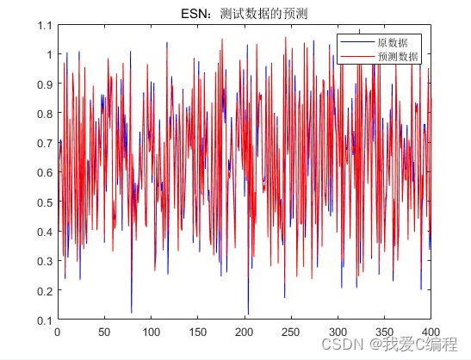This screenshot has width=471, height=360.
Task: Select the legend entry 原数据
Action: point(392,42)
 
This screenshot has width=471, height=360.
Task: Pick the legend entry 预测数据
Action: point(397,55)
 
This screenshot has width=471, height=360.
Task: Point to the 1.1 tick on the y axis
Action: point(44,25)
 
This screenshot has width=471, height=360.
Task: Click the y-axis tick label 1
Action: point(48,54)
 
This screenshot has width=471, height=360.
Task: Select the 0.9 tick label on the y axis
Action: point(44,84)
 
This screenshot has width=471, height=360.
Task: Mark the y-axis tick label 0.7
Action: point(44,143)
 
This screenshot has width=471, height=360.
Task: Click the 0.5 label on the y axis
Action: point(44,202)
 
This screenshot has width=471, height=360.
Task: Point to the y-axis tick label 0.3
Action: point(44,261)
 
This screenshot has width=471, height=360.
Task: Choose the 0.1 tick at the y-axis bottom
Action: point(44,320)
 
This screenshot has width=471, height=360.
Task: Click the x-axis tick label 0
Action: point(58,331)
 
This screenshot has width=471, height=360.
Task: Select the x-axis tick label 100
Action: point(151,331)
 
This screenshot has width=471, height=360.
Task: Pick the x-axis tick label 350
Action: point(384,331)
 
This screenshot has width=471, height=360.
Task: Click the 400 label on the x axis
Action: point(431,331)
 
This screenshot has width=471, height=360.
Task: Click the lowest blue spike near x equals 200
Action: point(248,313)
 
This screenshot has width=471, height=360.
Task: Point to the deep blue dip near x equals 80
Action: point(132,311)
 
